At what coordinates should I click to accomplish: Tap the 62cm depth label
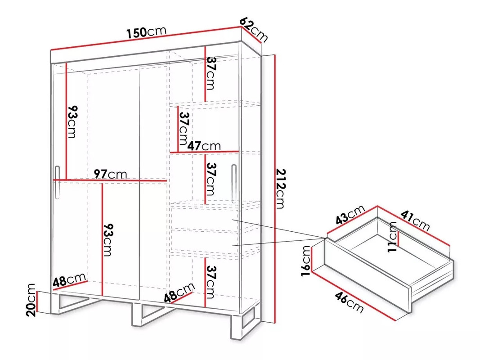[253, 29]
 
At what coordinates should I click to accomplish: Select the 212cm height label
[280, 189]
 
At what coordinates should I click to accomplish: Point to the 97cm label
[110, 174]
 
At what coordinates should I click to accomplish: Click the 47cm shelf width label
[204, 146]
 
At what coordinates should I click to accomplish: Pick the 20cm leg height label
[31, 300]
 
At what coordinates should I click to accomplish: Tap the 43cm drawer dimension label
[350, 215]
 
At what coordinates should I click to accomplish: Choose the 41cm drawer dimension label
[415, 220]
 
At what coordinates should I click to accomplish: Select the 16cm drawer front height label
[306, 261]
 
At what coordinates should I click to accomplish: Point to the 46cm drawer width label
[349, 302]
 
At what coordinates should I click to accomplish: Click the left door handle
[57, 183]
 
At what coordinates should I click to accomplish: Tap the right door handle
[234, 184]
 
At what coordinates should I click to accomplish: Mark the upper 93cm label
[72, 122]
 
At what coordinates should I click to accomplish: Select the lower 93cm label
[108, 240]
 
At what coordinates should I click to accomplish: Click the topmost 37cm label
[211, 73]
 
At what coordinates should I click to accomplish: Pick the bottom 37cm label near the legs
[211, 282]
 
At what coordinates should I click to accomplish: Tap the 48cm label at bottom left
[69, 280]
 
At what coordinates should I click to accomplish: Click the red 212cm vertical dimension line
[275, 189]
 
